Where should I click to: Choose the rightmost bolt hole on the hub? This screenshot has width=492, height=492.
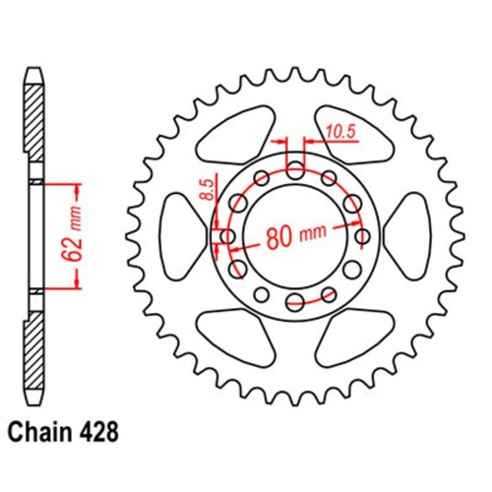point(362,236)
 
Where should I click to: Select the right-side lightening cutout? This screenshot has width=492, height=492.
point(414,236)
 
